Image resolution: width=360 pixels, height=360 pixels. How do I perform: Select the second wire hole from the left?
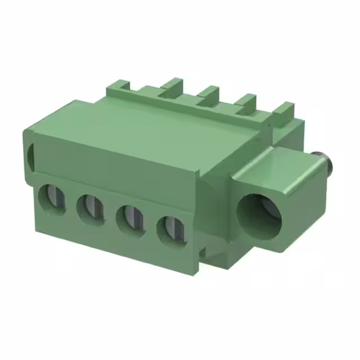90,209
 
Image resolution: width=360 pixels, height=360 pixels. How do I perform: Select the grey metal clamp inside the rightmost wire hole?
173,229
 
